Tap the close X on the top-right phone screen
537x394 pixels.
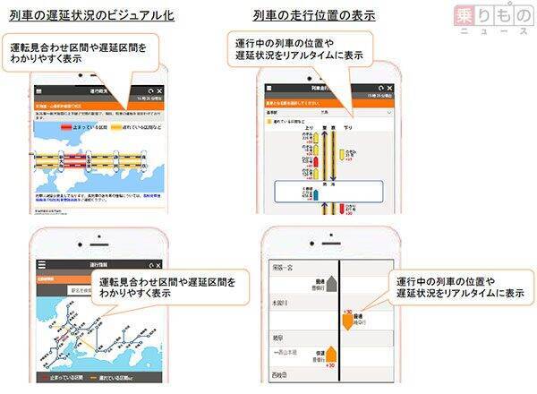387,92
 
